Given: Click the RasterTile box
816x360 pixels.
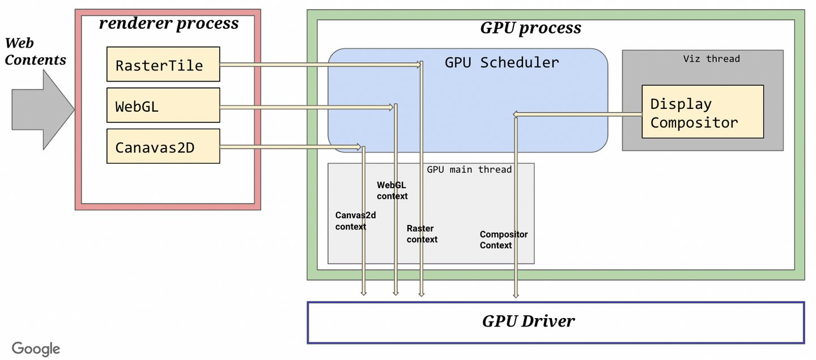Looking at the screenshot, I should (x=163, y=64).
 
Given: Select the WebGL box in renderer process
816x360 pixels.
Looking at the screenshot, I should (x=163, y=105).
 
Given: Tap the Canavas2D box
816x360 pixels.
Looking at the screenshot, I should (x=163, y=147).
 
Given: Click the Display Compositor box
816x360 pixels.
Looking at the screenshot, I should (x=702, y=112).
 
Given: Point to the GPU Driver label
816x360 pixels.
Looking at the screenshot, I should (x=528, y=321).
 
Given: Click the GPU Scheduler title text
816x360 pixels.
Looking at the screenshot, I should (x=501, y=62).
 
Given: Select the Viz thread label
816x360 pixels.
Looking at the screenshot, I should (x=711, y=58).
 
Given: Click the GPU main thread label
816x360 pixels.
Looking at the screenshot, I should (x=469, y=170).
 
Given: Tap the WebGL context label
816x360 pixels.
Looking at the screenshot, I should (x=392, y=190).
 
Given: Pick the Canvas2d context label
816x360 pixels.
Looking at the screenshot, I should (x=355, y=221).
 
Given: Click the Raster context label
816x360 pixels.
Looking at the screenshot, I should (x=422, y=234).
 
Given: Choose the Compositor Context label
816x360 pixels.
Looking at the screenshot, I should (x=503, y=240).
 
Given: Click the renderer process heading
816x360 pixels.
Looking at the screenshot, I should (x=169, y=23).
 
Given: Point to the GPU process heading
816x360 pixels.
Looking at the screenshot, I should (x=530, y=28).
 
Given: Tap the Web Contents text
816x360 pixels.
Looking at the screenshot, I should (x=35, y=51).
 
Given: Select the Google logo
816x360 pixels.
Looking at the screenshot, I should (x=36, y=349).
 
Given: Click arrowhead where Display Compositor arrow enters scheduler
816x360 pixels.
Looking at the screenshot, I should (x=515, y=115).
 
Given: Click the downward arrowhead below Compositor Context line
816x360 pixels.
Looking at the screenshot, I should (x=516, y=295).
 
